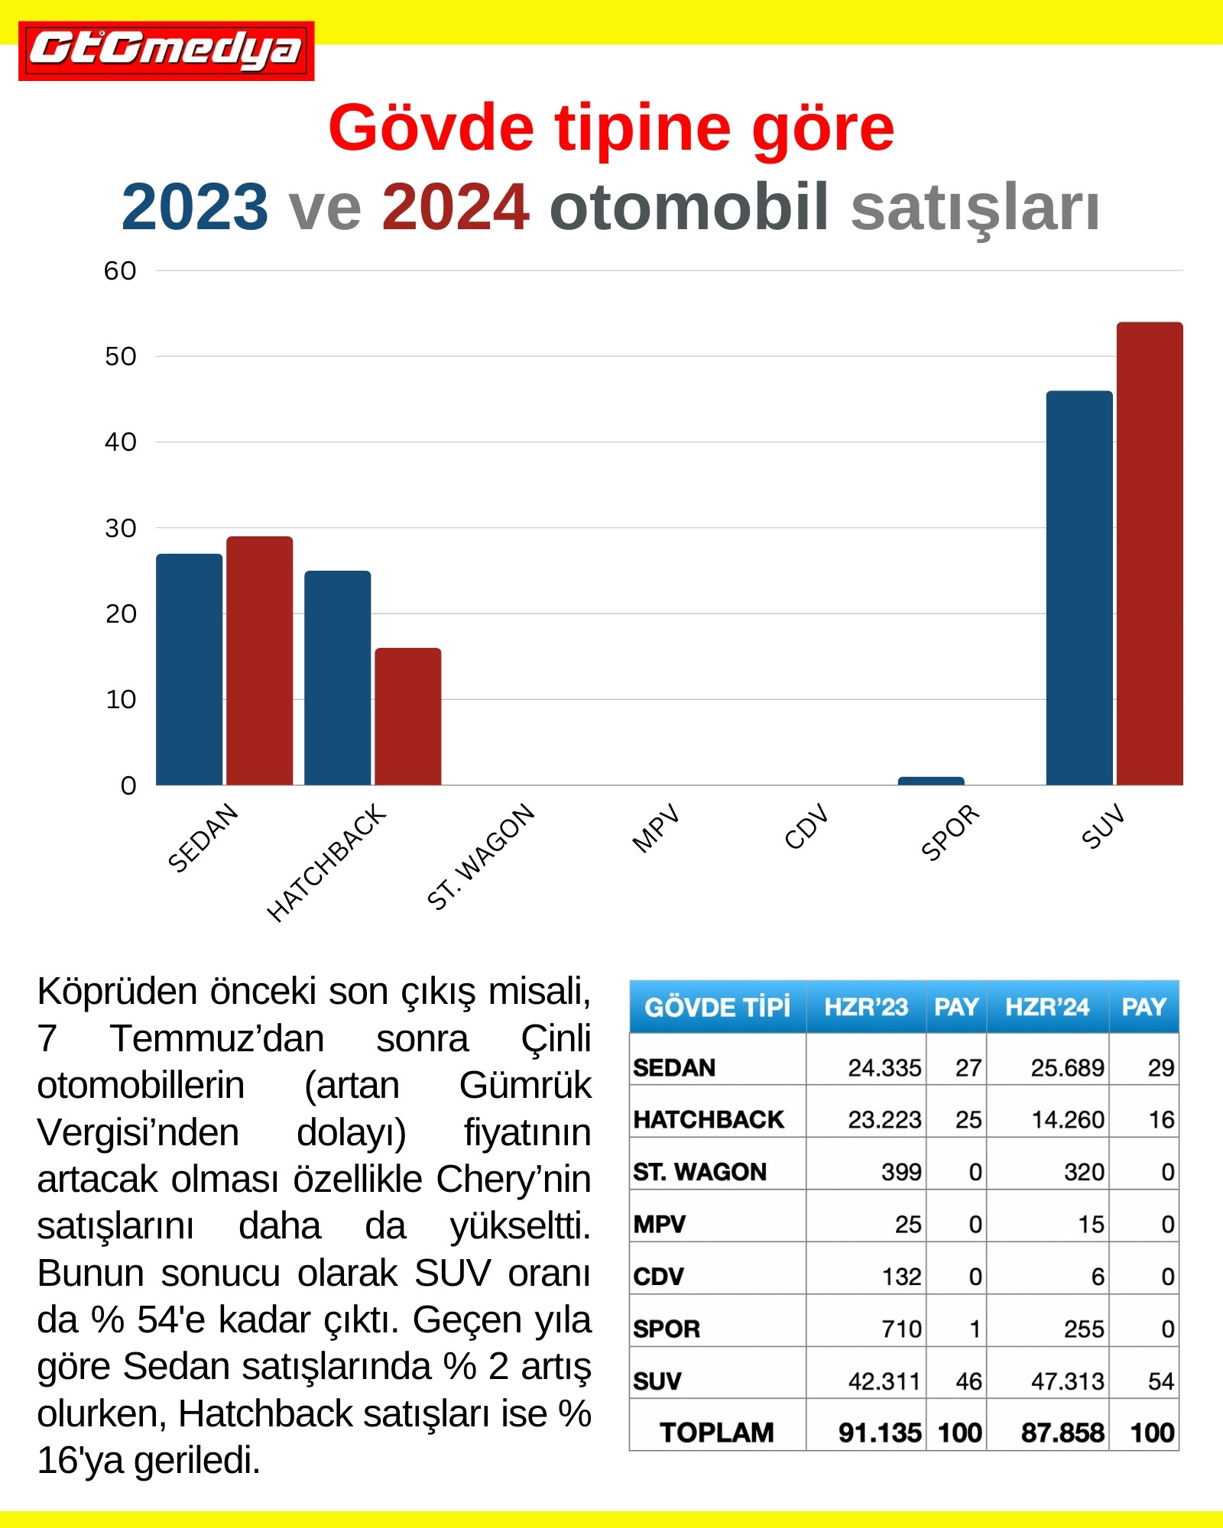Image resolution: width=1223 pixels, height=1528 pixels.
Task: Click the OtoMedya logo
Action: point(166,50)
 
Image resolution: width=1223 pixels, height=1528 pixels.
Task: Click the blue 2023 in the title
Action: point(195,207)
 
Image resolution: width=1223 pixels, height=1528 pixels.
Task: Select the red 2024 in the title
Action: point(456,207)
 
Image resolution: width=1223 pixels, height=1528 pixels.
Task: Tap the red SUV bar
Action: point(1149,554)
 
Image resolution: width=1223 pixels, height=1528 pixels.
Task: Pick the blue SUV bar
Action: point(1079,588)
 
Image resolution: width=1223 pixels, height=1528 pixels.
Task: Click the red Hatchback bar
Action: point(407,717)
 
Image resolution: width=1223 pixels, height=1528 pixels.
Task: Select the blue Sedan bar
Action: point(189,669)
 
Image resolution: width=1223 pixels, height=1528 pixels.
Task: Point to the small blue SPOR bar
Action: point(930,781)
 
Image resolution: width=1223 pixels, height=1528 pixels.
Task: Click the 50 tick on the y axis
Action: point(121,356)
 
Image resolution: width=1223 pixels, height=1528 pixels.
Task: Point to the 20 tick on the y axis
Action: point(121,613)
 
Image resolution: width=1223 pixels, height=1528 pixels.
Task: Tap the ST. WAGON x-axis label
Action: point(481,856)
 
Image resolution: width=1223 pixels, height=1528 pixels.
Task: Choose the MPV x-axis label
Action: point(656,828)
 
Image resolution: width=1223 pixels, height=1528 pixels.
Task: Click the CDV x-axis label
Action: point(806,827)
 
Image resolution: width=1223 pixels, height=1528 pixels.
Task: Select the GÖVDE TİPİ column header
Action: point(717,1007)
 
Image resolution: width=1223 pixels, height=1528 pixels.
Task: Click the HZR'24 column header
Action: point(1046,1007)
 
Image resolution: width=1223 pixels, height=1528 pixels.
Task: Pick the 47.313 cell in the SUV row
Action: point(1067,1381)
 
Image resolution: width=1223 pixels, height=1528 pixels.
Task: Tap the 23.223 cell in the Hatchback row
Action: point(884,1120)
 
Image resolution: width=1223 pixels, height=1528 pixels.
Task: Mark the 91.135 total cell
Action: point(879,1432)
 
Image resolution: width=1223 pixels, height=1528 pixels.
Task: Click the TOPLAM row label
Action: point(716,1432)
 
